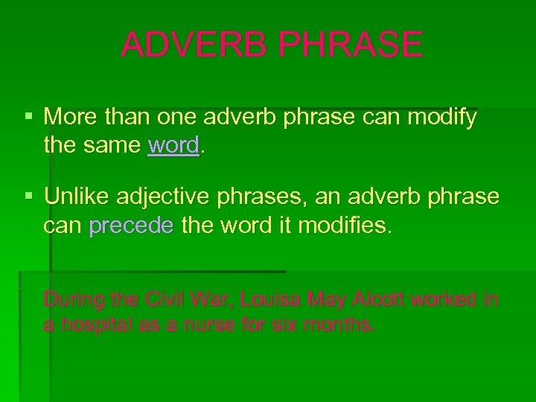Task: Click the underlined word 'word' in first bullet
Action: point(174,144)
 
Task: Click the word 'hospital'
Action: point(92,325)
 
